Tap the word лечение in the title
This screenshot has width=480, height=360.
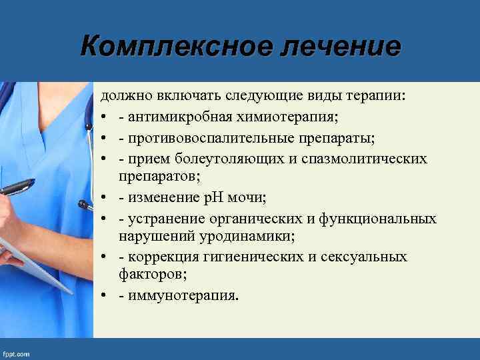click(335, 47)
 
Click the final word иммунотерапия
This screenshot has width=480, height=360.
click(177, 295)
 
